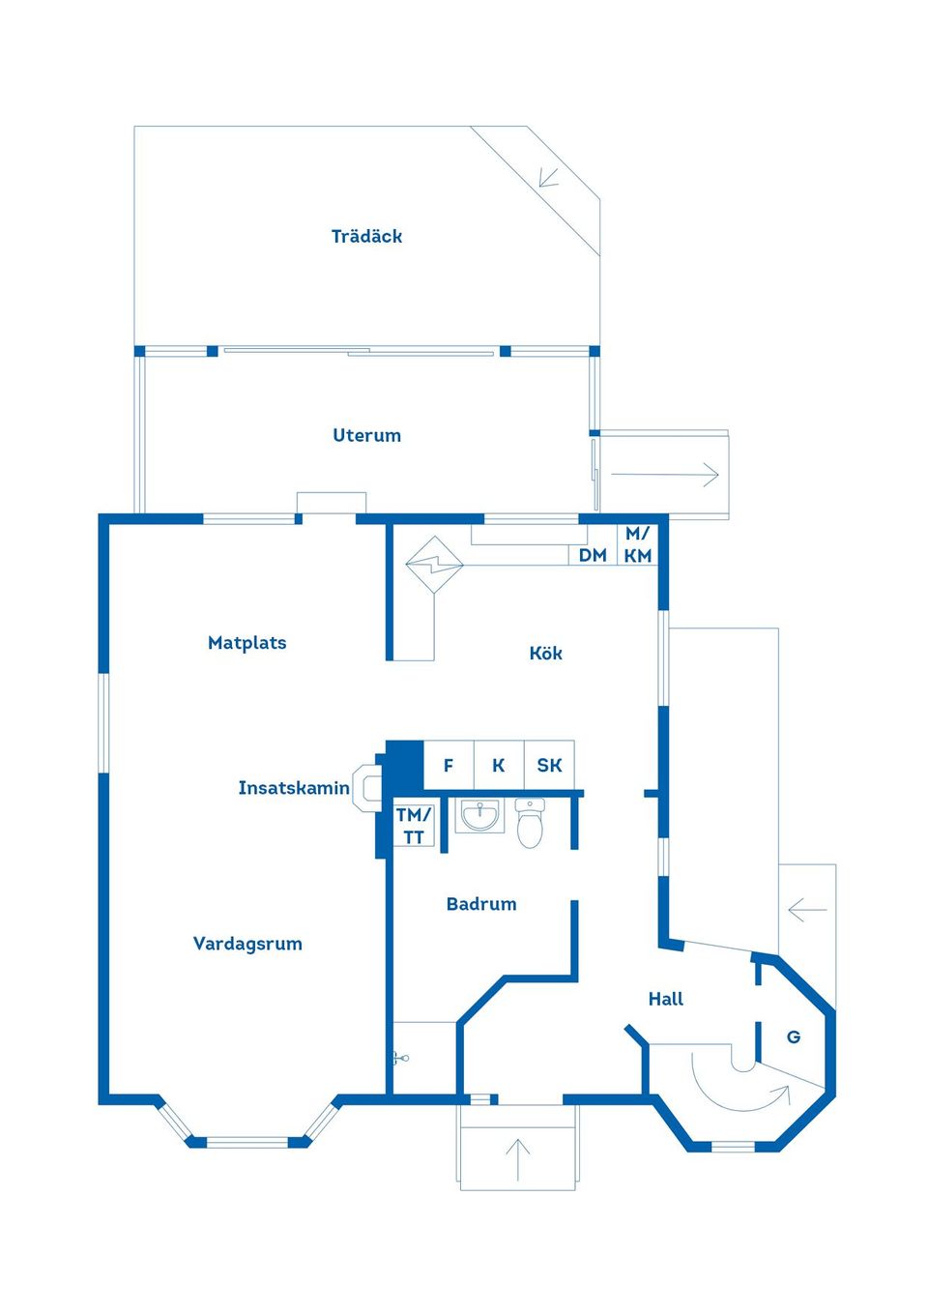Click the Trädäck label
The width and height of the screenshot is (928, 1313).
click(366, 236)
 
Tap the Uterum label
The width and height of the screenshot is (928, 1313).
click(366, 435)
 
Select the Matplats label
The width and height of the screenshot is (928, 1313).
click(246, 643)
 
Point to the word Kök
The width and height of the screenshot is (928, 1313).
click(545, 654)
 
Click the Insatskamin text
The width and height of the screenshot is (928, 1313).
click(293, 788)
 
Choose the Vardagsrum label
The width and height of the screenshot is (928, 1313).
click(247, 944)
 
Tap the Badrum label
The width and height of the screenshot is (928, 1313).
click(481, 904)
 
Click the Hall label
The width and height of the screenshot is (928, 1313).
click(665, 999)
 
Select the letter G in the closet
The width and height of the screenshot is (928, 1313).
click(794, 1037)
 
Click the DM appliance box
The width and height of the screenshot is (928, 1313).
click(593, 555)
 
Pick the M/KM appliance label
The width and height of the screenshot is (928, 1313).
click(638, 544)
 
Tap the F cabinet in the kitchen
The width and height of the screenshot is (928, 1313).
click(449, 766)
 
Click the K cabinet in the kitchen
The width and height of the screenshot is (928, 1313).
click(499, 766)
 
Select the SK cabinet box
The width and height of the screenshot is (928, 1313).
click(549, 766)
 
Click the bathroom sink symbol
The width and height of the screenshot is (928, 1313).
click(479, 817)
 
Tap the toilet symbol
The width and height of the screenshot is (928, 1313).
click(530, 824)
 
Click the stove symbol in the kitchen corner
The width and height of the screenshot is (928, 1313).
click(435, 563)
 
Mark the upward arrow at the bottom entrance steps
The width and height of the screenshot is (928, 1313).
click(518, 1158)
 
